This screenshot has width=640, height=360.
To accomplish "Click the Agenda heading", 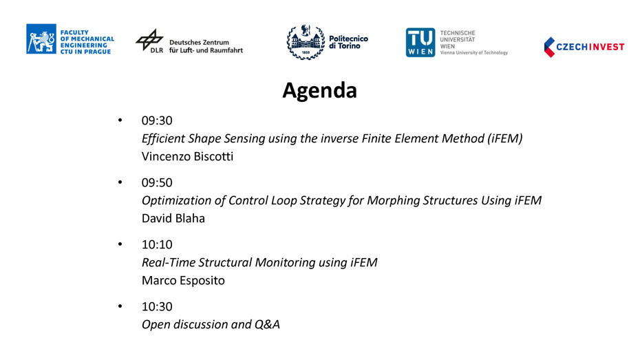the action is pyautogui.click(x=319, y=91).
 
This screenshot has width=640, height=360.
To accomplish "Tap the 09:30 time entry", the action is pyautogui.click(x=157, y=120).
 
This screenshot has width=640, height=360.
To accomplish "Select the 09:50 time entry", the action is pyautogui.click(x=157, y=182).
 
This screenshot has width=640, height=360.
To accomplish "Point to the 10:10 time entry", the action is pyautogui.click(x=157, y=244).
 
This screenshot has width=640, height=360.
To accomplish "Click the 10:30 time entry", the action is pyautogui.click(x=157, y=306).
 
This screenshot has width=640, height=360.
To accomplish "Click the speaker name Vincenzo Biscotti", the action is pyautogui.click(x=187, y=156).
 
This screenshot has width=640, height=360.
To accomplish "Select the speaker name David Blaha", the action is pyautogui.click(x=173, y=218).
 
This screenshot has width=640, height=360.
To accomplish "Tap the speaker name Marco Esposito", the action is pyautogui.click(x=183, y=280).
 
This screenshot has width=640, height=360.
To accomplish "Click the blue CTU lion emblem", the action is pyautogui.click(x=41, y=39).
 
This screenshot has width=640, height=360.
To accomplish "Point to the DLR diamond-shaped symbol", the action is pyautogui.click(x=149, y=40).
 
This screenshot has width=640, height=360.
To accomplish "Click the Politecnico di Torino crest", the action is pyautogui.click(x=306, y=42).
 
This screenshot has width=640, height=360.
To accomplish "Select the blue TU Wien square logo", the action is pyautogui.click(x=420, y=43).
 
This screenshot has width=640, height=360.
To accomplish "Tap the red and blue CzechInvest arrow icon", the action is pyautogui.click(x=549, y=47).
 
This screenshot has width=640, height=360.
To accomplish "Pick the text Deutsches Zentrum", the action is pyautogui.click(x=199, y=43).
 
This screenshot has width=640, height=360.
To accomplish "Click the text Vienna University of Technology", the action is pyautogui.click(x=474, y=52).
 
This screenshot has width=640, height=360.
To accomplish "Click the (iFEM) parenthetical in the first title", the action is pyautogui.click(x=505, y=138).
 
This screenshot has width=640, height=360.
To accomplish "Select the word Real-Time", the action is pyautogui.click(x=169, y=262).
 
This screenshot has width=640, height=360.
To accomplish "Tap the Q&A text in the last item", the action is pyautogui.click(x=267, y=324).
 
